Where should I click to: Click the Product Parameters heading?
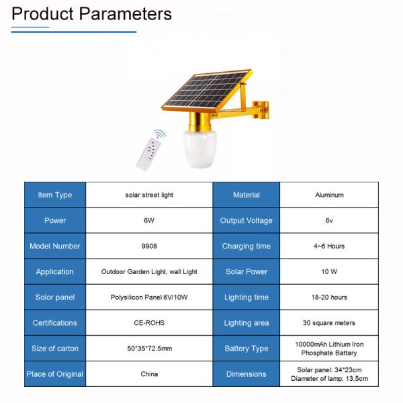[91, 13]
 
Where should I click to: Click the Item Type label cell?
[55, 195]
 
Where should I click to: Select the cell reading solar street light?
[149, 195]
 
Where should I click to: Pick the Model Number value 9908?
[149, 246]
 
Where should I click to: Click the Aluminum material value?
[329, 195]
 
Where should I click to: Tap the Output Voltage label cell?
[247, 220]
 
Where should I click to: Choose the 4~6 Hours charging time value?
[329, 246]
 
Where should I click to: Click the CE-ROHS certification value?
[149, 323]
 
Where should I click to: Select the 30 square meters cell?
[329, 323]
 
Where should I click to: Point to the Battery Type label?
[247, 349]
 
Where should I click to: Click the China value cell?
[149, 374]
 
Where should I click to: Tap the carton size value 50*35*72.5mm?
[149, 349]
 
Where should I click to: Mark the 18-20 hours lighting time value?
[329, 298]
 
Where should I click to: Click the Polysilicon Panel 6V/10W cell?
[149, 298]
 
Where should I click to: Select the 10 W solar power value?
[329, 271]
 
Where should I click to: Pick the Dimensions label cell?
[247, 374]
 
